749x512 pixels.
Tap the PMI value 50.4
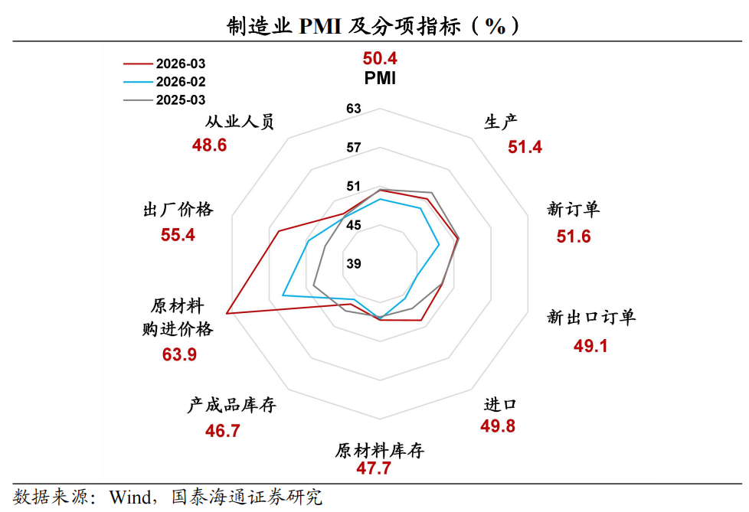click(x=380, y=58)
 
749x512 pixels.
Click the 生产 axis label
click(x=502, y=122)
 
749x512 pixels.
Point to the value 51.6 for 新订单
click(x=574, y=236)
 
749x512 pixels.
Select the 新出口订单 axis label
click(x=591, y=317)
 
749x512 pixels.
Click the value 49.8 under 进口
click(x=498, y=426)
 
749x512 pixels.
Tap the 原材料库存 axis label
click(x=380, y=450)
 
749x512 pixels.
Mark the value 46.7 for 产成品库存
click(x=223, y=431)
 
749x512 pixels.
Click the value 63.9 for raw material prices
click(x=179, y=354)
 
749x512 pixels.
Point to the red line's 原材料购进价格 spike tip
click(x=227, y=313)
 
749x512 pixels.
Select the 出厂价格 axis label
click(x=178, y=210)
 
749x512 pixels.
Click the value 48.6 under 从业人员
click(x=209, y=145)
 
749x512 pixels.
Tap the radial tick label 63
click(x=353, y=109)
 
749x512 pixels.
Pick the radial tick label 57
click(x=353, y=148)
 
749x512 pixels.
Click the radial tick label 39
click(x=353, y=264)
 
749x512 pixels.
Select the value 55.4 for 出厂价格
click(x=178, y=235)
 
